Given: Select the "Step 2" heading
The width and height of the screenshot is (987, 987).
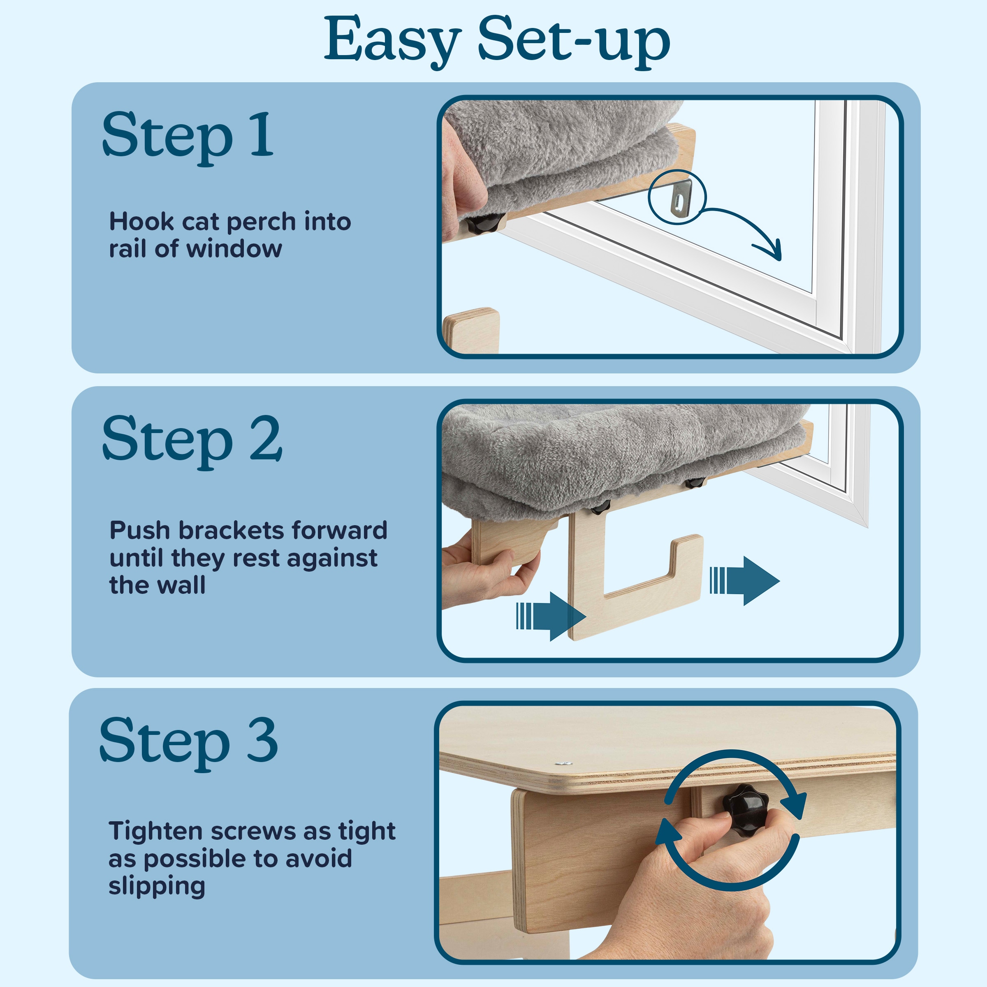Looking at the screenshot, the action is coord(192,440).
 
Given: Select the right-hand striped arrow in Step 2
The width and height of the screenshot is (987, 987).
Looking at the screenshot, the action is coord(744,581).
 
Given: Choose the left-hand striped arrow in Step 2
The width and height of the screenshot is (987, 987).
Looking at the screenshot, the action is coord(551,616).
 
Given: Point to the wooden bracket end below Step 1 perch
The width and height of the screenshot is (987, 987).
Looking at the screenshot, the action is coord(471,330).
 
